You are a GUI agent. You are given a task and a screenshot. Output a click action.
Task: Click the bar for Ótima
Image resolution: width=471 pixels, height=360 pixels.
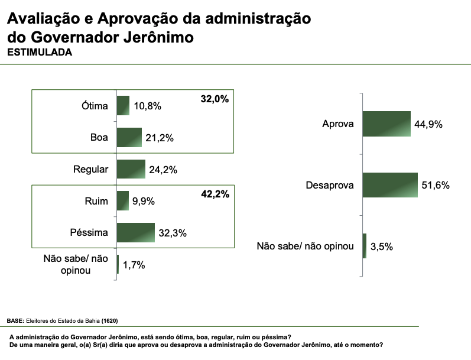pos(123,105)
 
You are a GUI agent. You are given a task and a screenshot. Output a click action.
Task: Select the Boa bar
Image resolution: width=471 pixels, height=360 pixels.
pos(129,137)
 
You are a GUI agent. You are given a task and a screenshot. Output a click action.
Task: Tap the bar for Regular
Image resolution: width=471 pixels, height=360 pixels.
pos(131,169)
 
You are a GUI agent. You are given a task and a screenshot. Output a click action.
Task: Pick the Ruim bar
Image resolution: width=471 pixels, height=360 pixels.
pos(123,200)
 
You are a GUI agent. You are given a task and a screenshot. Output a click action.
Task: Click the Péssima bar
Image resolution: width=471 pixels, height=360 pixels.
pos(136,232)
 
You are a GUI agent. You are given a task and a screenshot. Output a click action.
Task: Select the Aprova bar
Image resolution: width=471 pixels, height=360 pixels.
pos(386,124)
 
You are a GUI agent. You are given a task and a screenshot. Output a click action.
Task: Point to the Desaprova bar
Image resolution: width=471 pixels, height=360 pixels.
pos(390,185)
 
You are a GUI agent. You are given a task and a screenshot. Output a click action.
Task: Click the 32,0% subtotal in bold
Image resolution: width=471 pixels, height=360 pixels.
pos(215,99)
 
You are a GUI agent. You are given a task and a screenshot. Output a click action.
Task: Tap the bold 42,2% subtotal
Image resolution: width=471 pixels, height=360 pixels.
pos(215,193)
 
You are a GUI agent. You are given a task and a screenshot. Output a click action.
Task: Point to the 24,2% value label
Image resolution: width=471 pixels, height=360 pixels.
pos(163,170)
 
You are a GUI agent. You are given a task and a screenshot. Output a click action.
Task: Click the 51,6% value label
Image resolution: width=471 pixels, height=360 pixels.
pos(436,186)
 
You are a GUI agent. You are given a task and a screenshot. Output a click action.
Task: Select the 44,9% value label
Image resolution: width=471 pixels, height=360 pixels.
pos(428,125)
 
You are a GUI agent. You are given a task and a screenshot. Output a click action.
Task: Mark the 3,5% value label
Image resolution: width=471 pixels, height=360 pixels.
pos(382,247)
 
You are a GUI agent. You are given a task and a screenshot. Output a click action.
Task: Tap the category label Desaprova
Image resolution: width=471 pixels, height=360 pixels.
pos(330,186)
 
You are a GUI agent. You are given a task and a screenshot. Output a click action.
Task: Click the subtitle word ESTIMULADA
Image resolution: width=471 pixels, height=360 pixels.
pos(40,52)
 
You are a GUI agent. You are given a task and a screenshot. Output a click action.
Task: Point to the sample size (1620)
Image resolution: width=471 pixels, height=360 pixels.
pos(109,320)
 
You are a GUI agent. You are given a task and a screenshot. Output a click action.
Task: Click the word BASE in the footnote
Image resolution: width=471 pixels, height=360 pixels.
pos(15,320)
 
